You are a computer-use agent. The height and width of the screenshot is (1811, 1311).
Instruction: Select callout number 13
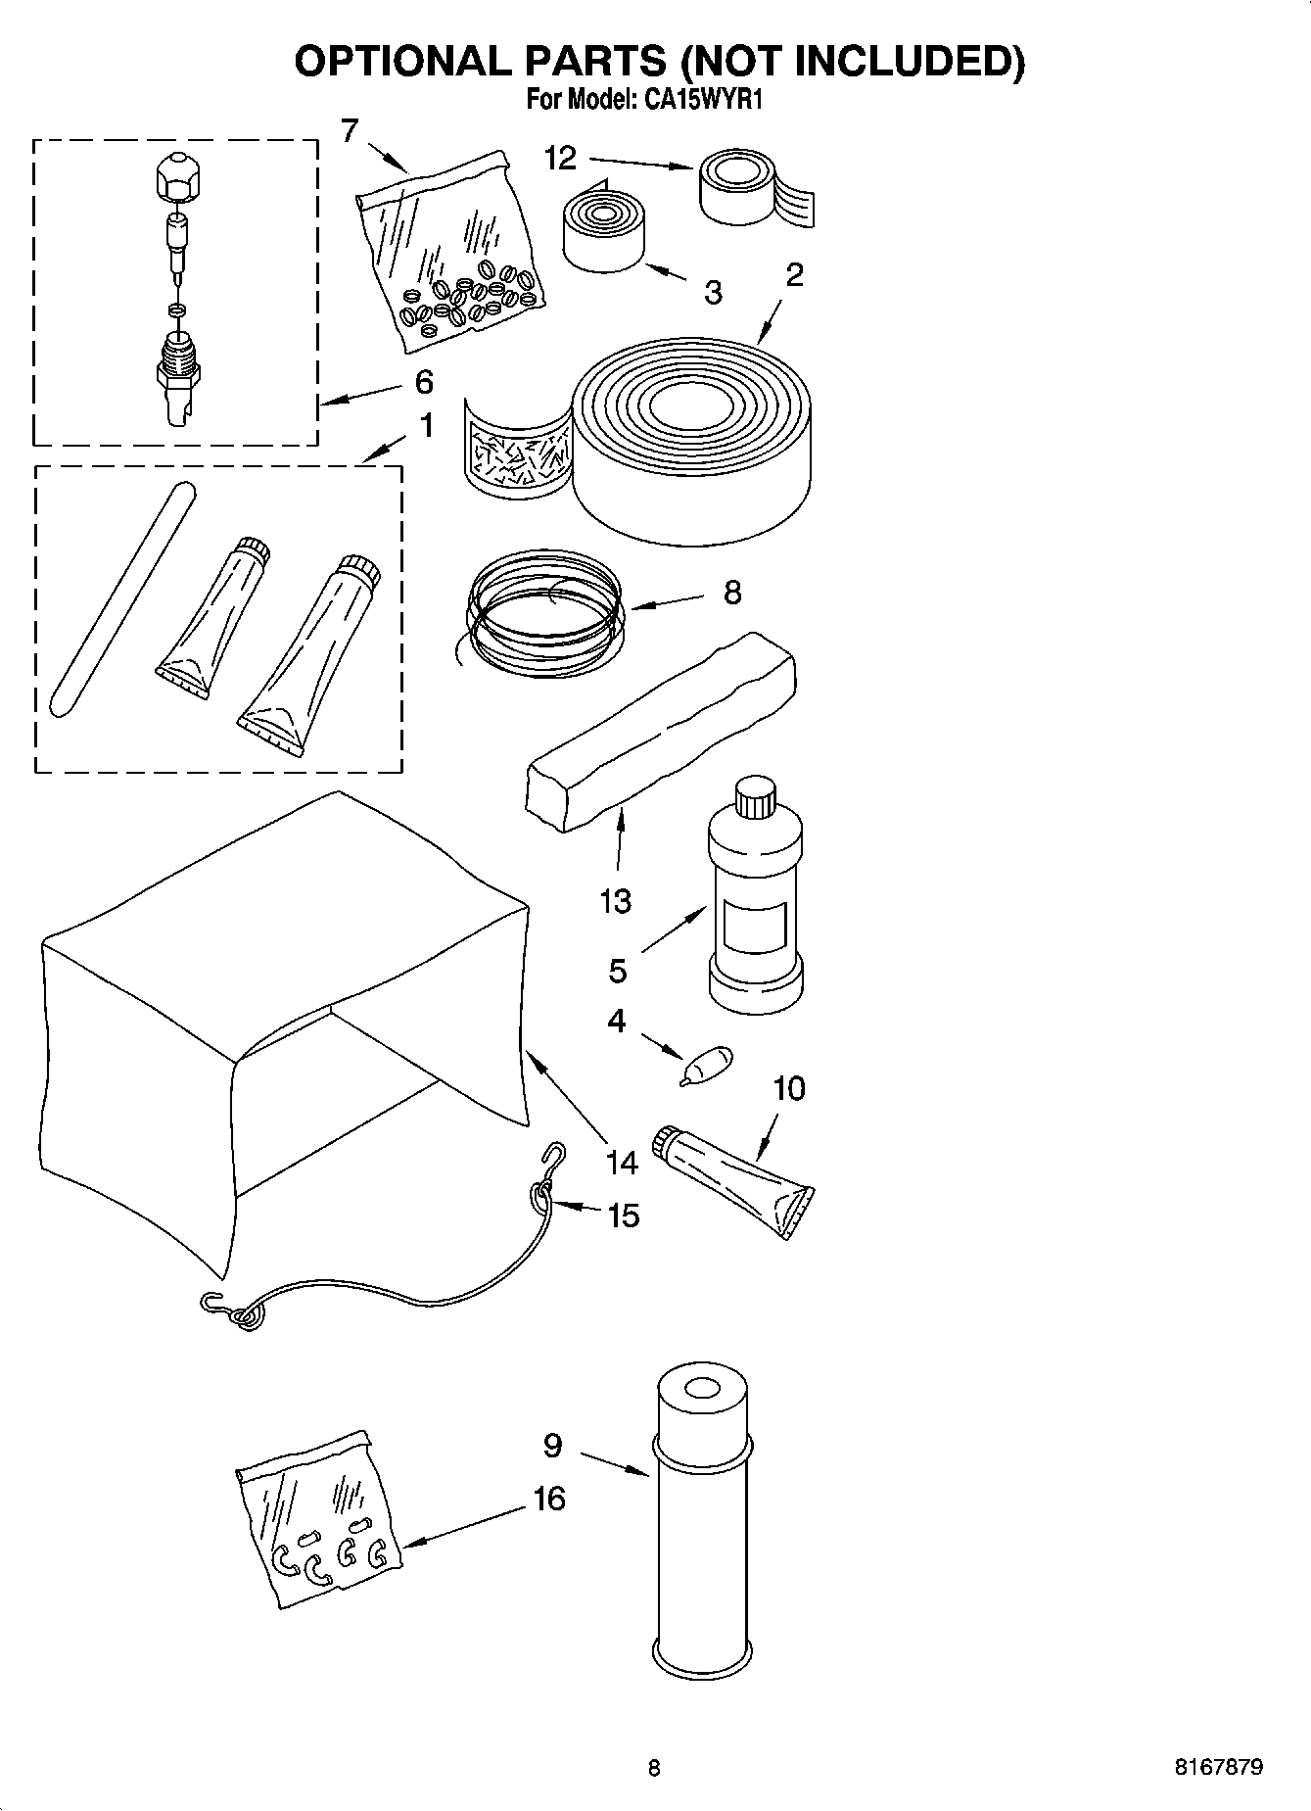pyautogui.click(x=615, y=900)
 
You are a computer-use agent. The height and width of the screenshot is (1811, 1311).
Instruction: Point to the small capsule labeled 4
pyautogui.click(x=708, y=1065)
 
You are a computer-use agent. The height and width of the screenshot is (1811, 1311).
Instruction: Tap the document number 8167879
pyautogui.click(x=1218, y=1767)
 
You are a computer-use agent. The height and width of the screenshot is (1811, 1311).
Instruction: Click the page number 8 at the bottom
pyautogui.click(x=654, y=1768)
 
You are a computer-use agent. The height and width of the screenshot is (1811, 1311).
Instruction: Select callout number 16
pyautogui.click(x=549, y=1498)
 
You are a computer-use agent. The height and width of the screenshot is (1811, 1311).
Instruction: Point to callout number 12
pyautogui.click(x=561, y=158)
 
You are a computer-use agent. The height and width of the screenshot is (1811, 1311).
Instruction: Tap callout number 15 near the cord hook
pyautogui.click(x=623, y=1215)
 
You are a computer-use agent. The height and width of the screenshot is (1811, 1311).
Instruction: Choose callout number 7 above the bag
pyautogui.click(x=350, y=129)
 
